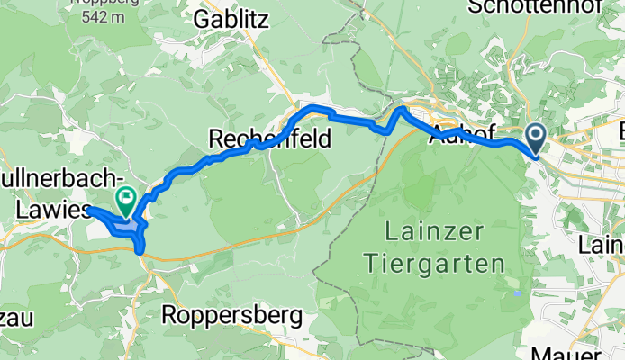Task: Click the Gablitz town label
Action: coord(231,19)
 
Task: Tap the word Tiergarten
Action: coord(446,264)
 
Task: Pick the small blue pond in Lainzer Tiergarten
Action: coord(515,292)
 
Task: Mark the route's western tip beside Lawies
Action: coord(89,210)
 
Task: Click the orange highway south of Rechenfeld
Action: coord(270,232)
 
